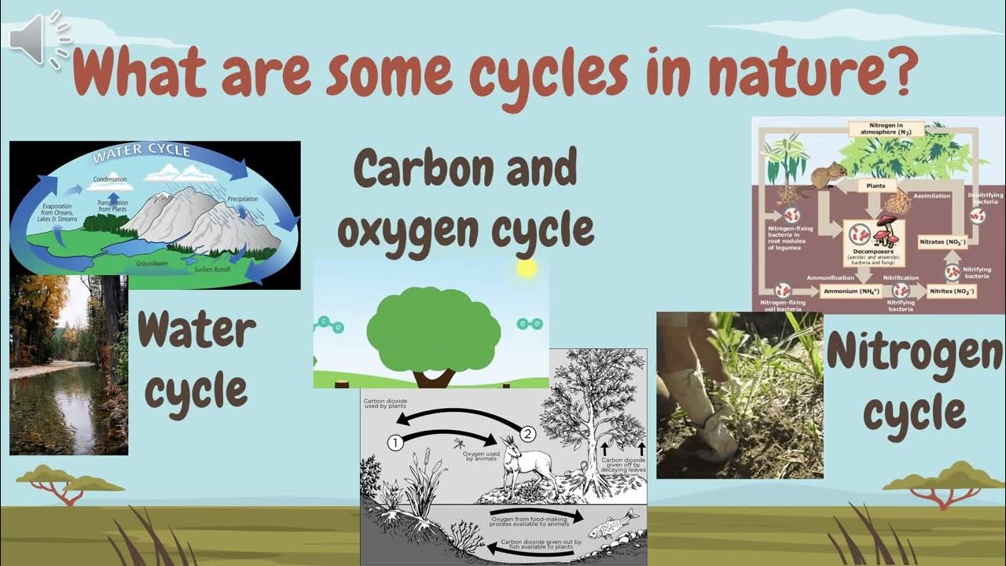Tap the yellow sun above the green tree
coord(527,269)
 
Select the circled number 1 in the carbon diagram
coord(395,443)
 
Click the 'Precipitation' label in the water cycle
coord(242,200)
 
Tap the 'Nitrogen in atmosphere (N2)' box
coord(886,129)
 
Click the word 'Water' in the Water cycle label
coord(196,333)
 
